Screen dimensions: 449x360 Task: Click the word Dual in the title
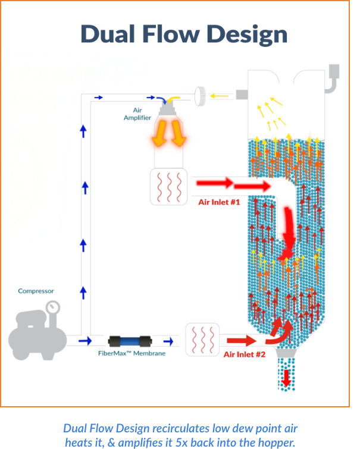click(x=107, y=34)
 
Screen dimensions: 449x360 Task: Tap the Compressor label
click(x=36, y=291)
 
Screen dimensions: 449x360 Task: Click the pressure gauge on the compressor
click(x=54, y=308)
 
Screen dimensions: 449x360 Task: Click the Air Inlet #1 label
click(x=219, y=202)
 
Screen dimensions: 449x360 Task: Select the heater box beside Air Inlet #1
click(x=169, y=187)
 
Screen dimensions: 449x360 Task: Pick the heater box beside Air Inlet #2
click(x=203, y=340)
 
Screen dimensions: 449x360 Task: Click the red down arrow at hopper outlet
click(x=287, y=378)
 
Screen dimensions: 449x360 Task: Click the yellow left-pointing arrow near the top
click(x=220, y=94)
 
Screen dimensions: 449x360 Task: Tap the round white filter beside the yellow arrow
click(x=201, y=93)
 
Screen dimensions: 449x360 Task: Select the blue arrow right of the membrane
click(x=168, y=341)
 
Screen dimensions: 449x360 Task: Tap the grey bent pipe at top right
click(x=331, y=82)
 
